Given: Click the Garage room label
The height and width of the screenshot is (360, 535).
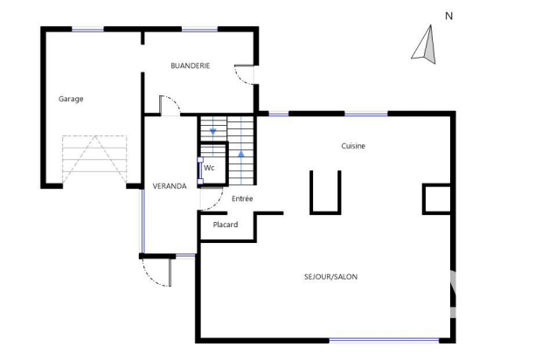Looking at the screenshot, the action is pos(71,99).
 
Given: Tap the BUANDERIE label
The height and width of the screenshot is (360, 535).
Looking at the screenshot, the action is pos(191,66).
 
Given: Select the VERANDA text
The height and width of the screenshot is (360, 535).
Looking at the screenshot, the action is pos(170,186).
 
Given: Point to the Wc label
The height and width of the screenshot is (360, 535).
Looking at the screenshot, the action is pos(209,168).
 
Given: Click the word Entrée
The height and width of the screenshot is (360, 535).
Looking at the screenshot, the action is pos(242,198).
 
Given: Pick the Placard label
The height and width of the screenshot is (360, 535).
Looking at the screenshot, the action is pos(226,225).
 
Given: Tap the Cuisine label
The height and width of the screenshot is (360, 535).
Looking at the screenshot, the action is pos(353,146).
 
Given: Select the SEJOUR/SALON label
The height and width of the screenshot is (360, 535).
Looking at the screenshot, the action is pos(331,276).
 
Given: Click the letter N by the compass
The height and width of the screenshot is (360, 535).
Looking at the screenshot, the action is pos(449,16).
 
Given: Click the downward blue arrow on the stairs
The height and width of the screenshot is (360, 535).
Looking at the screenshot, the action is pos(213,131).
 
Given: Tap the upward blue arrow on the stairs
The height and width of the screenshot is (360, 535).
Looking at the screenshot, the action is pos(241,154).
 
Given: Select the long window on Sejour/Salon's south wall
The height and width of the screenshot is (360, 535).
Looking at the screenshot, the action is pos(384,340).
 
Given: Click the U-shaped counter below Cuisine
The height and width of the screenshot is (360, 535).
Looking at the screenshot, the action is pos(325,212).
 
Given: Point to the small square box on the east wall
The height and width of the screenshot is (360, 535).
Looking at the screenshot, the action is pos(437,199).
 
